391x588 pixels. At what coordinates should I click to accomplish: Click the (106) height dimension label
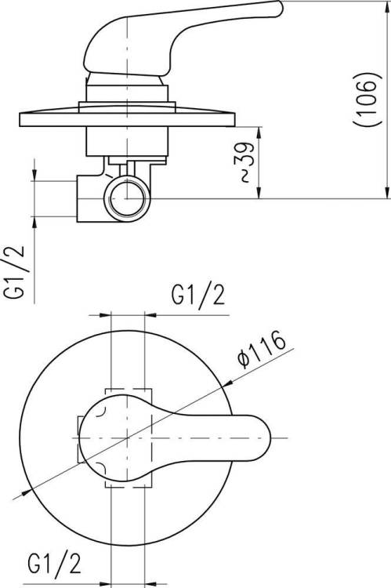pos(367,99)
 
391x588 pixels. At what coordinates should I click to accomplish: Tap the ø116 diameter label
pos(262,349)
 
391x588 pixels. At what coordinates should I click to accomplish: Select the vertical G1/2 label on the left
pos(14,272)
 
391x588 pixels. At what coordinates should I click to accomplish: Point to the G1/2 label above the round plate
pos(198,295)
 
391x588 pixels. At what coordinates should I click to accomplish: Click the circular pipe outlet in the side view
pos(127,198)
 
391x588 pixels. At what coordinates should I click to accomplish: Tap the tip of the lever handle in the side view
pos(281,9)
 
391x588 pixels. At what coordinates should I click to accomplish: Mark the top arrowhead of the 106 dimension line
pos(387,5)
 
